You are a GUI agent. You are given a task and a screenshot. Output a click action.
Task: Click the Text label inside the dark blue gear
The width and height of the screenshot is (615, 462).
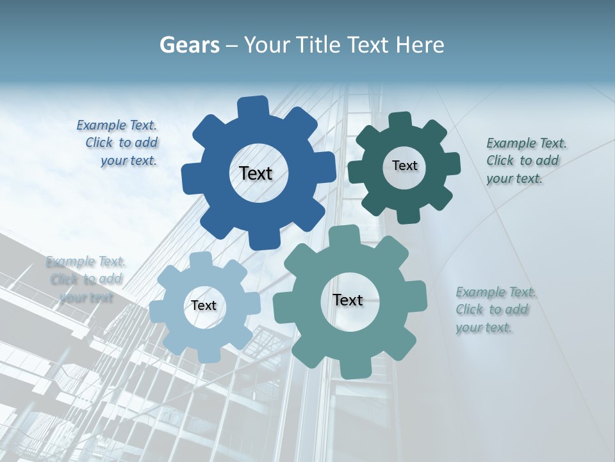256,173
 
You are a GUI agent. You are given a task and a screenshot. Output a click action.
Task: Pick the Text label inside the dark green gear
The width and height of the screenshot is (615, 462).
404,166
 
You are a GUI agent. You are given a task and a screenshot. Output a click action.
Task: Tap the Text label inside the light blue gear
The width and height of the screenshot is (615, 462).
204,305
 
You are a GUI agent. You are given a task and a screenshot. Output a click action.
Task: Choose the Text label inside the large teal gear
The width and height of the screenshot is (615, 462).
348,300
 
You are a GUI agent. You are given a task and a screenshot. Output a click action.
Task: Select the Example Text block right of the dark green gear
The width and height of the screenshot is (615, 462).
524,160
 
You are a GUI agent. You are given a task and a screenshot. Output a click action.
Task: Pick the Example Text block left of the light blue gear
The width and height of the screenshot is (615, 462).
85,279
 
